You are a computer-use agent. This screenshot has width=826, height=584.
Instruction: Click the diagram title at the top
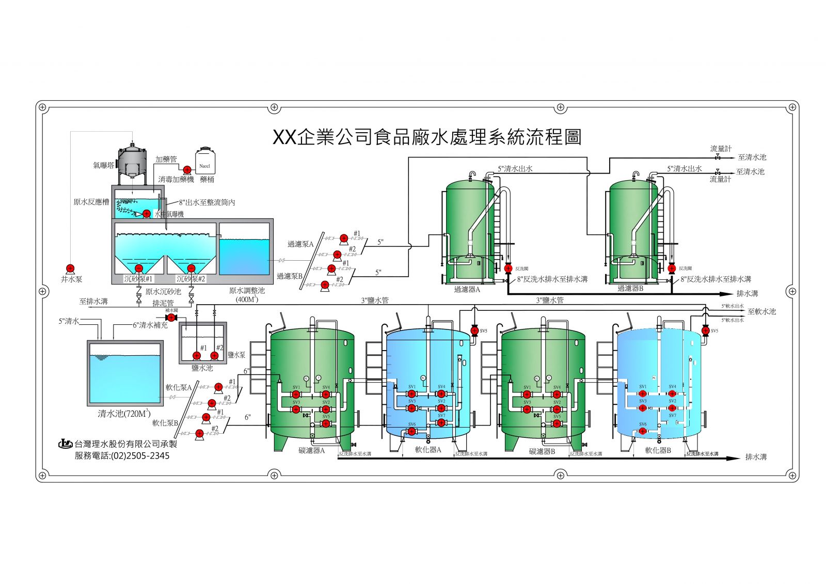[426, 137]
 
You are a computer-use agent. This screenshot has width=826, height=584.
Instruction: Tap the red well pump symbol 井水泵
[70, 269]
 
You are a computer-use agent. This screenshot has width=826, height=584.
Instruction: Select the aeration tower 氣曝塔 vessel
[132, 160]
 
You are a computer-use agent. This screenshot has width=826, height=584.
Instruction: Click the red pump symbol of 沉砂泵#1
[138, 269]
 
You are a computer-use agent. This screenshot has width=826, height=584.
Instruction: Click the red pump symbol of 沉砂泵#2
[191, 269]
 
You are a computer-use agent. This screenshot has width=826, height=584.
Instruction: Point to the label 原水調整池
[247, 291]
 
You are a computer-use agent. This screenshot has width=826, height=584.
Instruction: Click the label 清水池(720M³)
[124, 414]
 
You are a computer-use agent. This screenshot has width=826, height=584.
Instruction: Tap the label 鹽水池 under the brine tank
[202, 368]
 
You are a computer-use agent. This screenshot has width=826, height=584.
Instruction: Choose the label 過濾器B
[630, 289]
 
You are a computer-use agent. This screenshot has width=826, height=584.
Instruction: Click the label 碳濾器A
[311, 450]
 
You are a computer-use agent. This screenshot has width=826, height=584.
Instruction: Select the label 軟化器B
[658, 450]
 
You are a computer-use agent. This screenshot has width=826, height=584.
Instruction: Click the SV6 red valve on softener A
[411, 431]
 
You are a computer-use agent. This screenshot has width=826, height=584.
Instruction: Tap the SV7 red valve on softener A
[441, 422]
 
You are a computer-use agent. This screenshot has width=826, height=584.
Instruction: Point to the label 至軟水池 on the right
[761, 311]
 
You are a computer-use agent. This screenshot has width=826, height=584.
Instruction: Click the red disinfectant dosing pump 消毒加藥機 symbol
[187, 168]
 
